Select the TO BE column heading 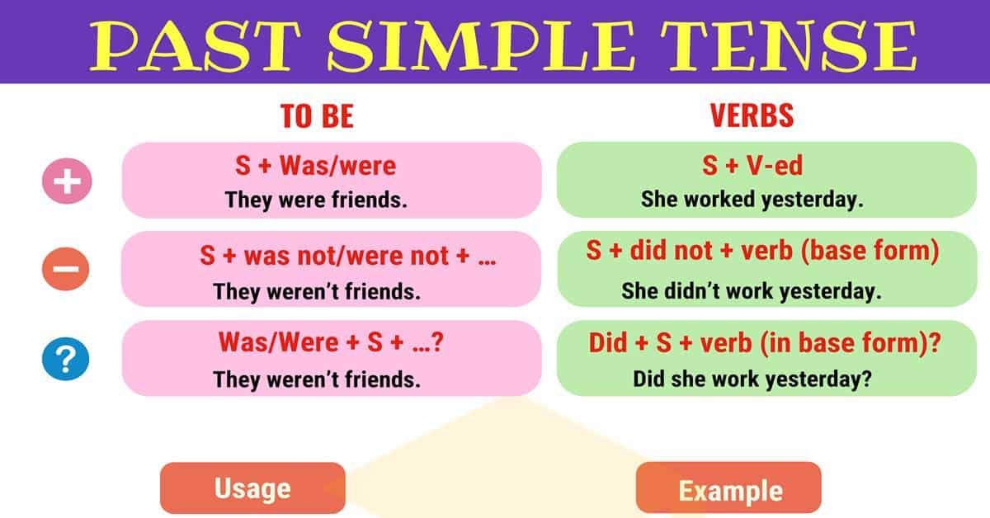[x=317, y=116]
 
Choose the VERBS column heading [x=752, y=116]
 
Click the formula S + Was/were [x=315, y=166]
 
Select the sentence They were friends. [x=317, y=200]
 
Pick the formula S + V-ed [x=752, y=166]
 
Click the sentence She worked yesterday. [x=752, y=200]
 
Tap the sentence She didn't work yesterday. [x=752, y=290]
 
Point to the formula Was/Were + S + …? [x=331, y=341]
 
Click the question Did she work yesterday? [x=752, y=379]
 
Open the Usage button [x=252, y=488]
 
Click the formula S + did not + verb [x=762, y=252]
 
